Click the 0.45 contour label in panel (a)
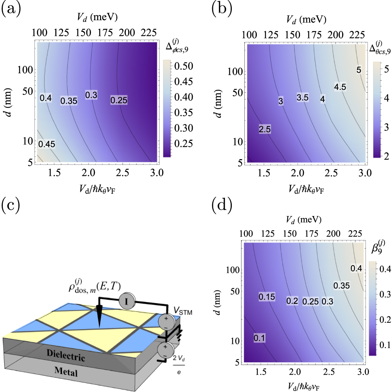point(47,144)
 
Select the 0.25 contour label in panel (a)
point(119,100)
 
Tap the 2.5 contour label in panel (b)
point(264,129)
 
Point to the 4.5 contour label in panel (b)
point(340,87)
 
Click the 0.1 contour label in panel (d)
point(259,338)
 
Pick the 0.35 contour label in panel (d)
point(341,286)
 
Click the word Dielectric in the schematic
point(66,355)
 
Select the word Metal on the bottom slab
point(66,371)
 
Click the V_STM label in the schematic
point(183,311)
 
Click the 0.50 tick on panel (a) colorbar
point(184,66)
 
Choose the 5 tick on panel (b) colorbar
point(386,69)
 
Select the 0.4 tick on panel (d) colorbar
point(385,269)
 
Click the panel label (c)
point(10,206)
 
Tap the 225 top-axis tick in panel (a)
point(149,33)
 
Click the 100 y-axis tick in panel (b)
point(235,71)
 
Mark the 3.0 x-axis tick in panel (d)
point(363,372)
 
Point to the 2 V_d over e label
point(179,364)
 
